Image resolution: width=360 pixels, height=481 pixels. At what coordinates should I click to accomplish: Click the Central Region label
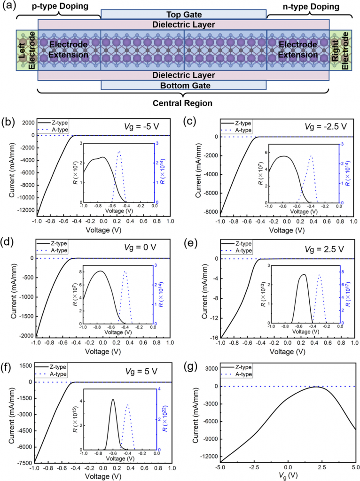185,102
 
